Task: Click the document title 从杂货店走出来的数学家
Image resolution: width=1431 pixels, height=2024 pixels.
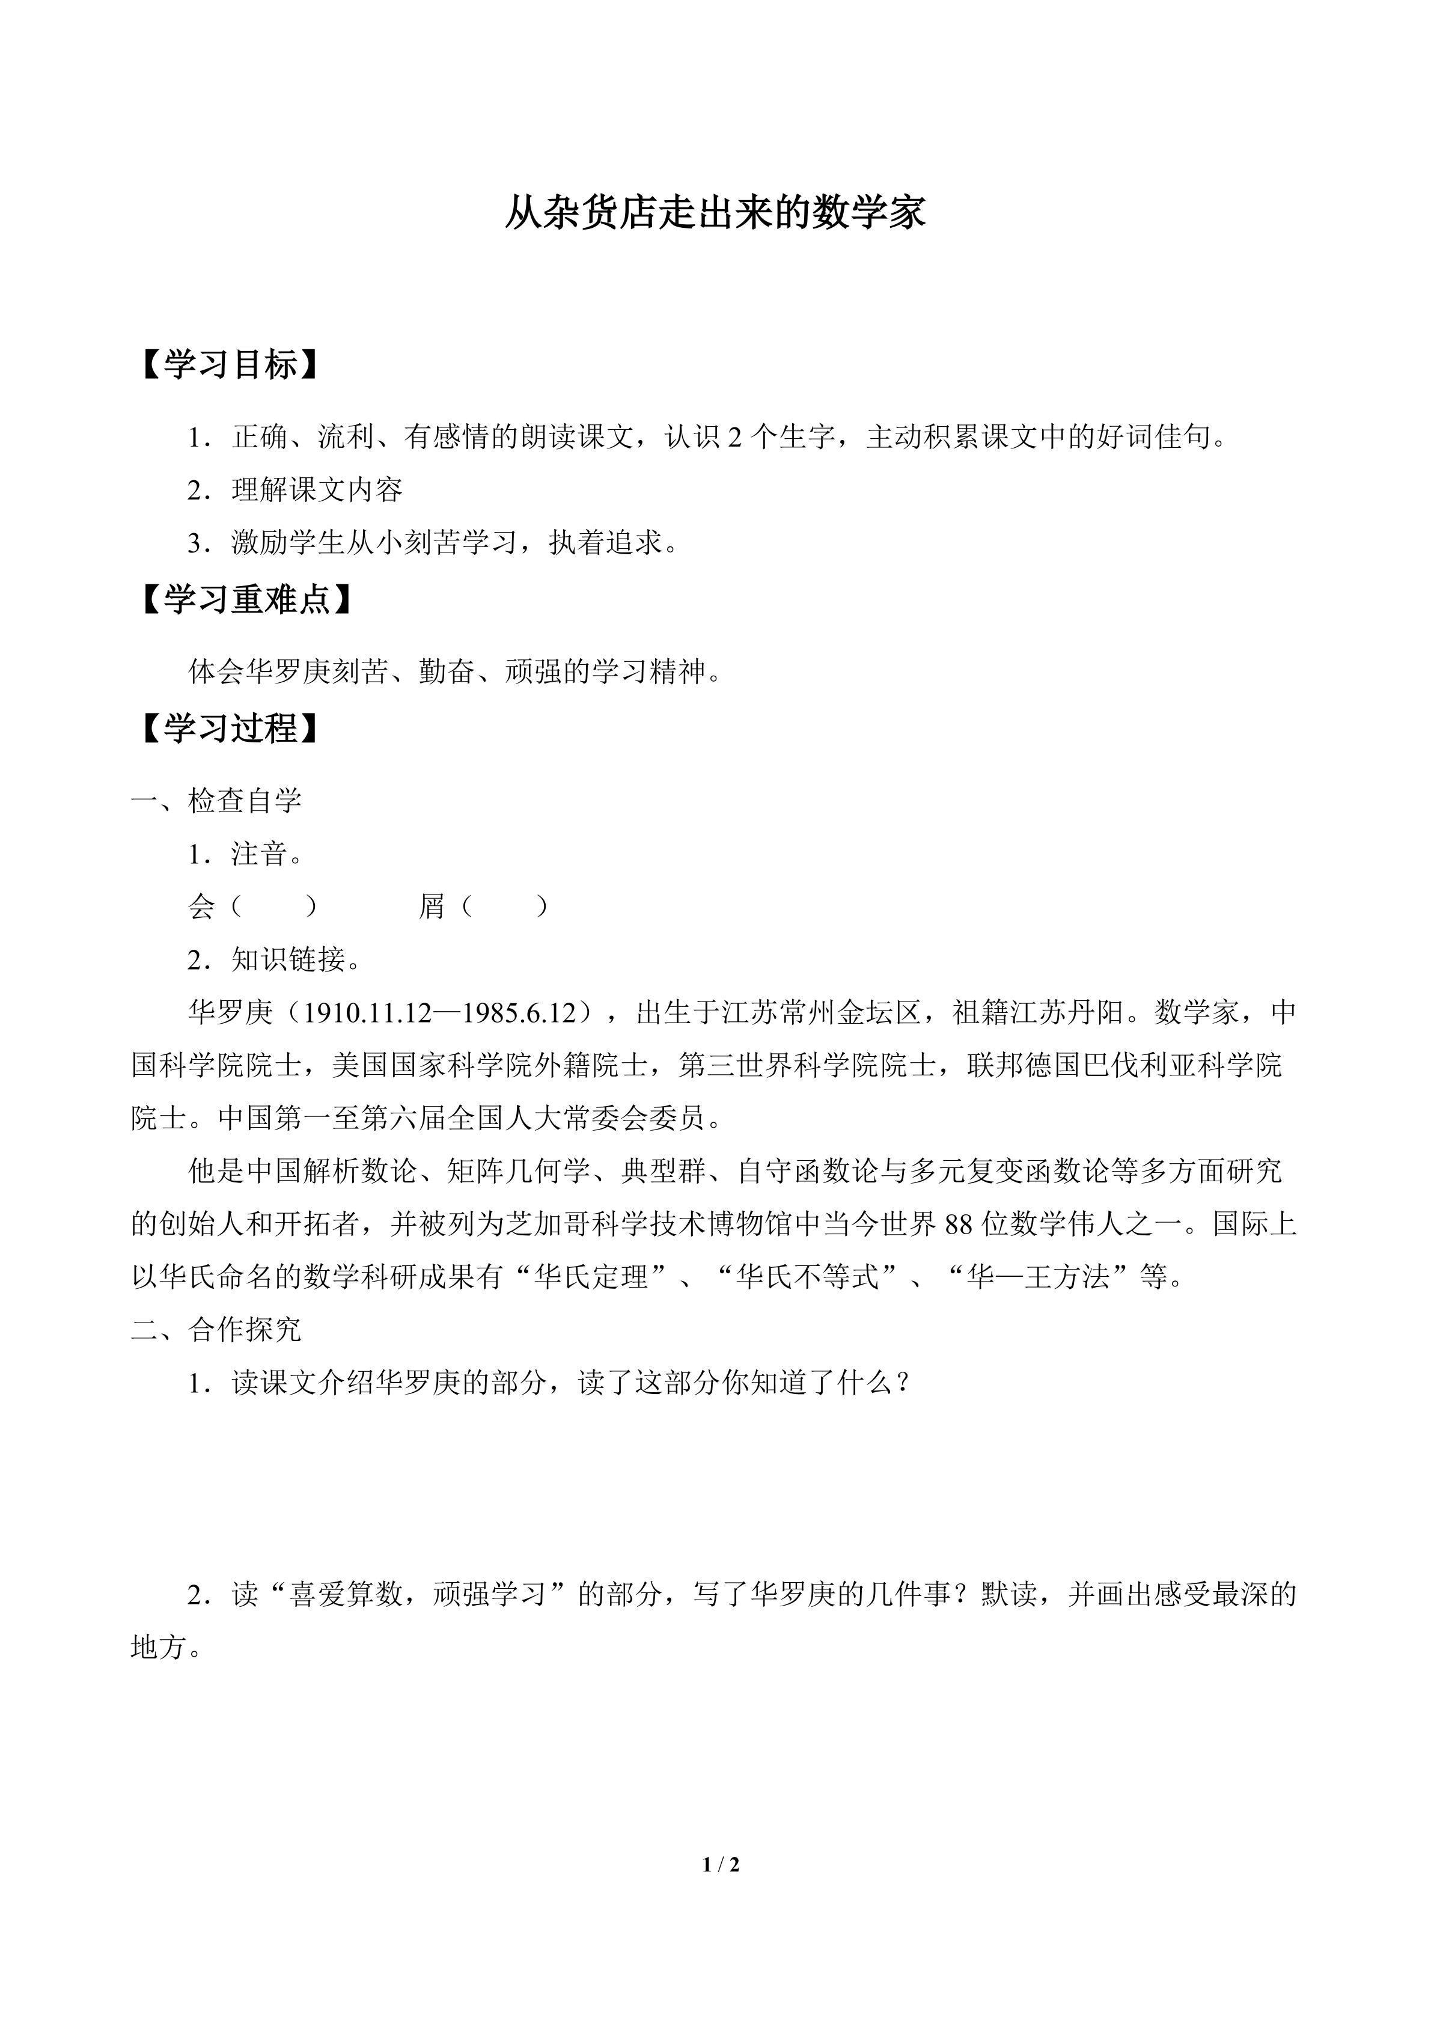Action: (x=715, y=214)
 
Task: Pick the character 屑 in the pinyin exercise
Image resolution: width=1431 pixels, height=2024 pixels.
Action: (x=432, y=907)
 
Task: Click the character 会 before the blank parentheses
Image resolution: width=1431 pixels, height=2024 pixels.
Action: (x=202, y=907)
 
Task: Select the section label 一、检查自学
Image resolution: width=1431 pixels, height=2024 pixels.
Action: (x=217, y=801)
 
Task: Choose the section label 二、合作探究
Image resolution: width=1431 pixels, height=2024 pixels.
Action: (x=217, y=1329)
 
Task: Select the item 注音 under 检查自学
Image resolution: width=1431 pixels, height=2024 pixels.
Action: (x=260, y=854)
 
